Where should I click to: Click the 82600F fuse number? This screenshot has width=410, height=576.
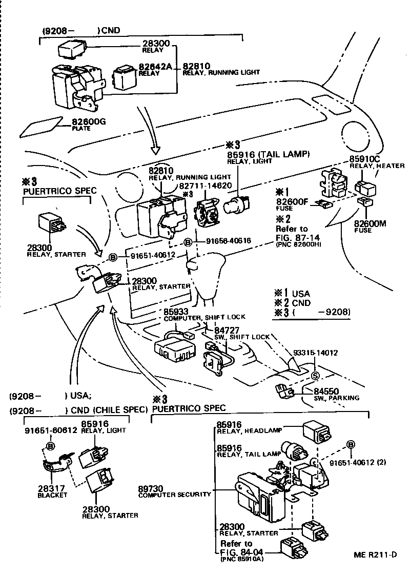point(291,201)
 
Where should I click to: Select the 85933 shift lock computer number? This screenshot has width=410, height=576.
point(176,311)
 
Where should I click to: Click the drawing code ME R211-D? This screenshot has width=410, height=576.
point(375,555)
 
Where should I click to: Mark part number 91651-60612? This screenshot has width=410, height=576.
point(50,431)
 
